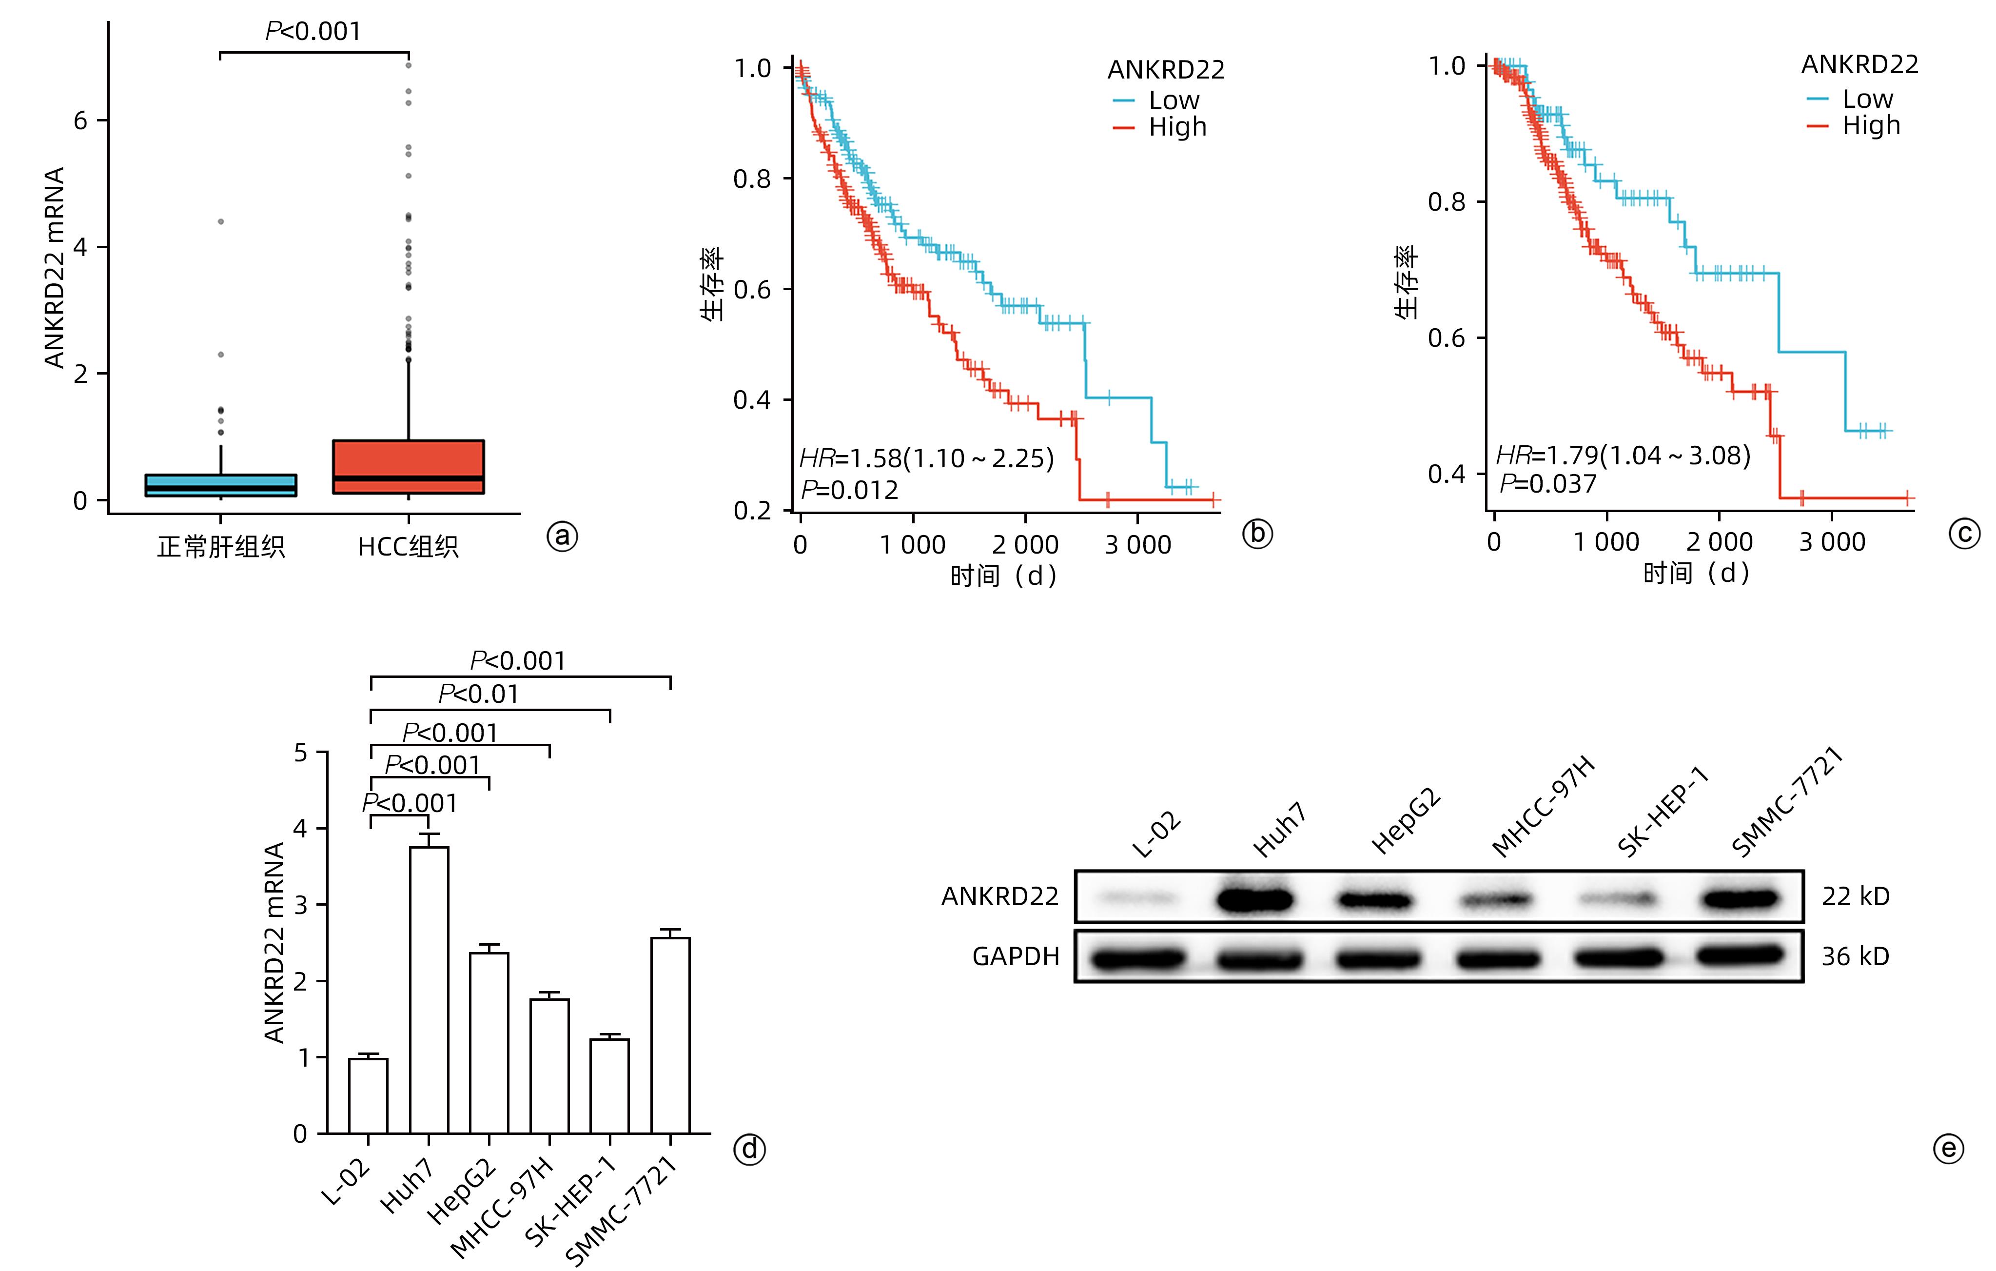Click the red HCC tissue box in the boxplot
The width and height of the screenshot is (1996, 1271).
coord(408,467)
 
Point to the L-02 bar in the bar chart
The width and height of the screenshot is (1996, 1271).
coord(368,1095)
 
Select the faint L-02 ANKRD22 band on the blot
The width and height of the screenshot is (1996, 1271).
coord(1135,898)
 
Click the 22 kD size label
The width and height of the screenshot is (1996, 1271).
coord(1855,896)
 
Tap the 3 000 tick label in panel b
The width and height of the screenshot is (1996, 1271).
coord(1137,545)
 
